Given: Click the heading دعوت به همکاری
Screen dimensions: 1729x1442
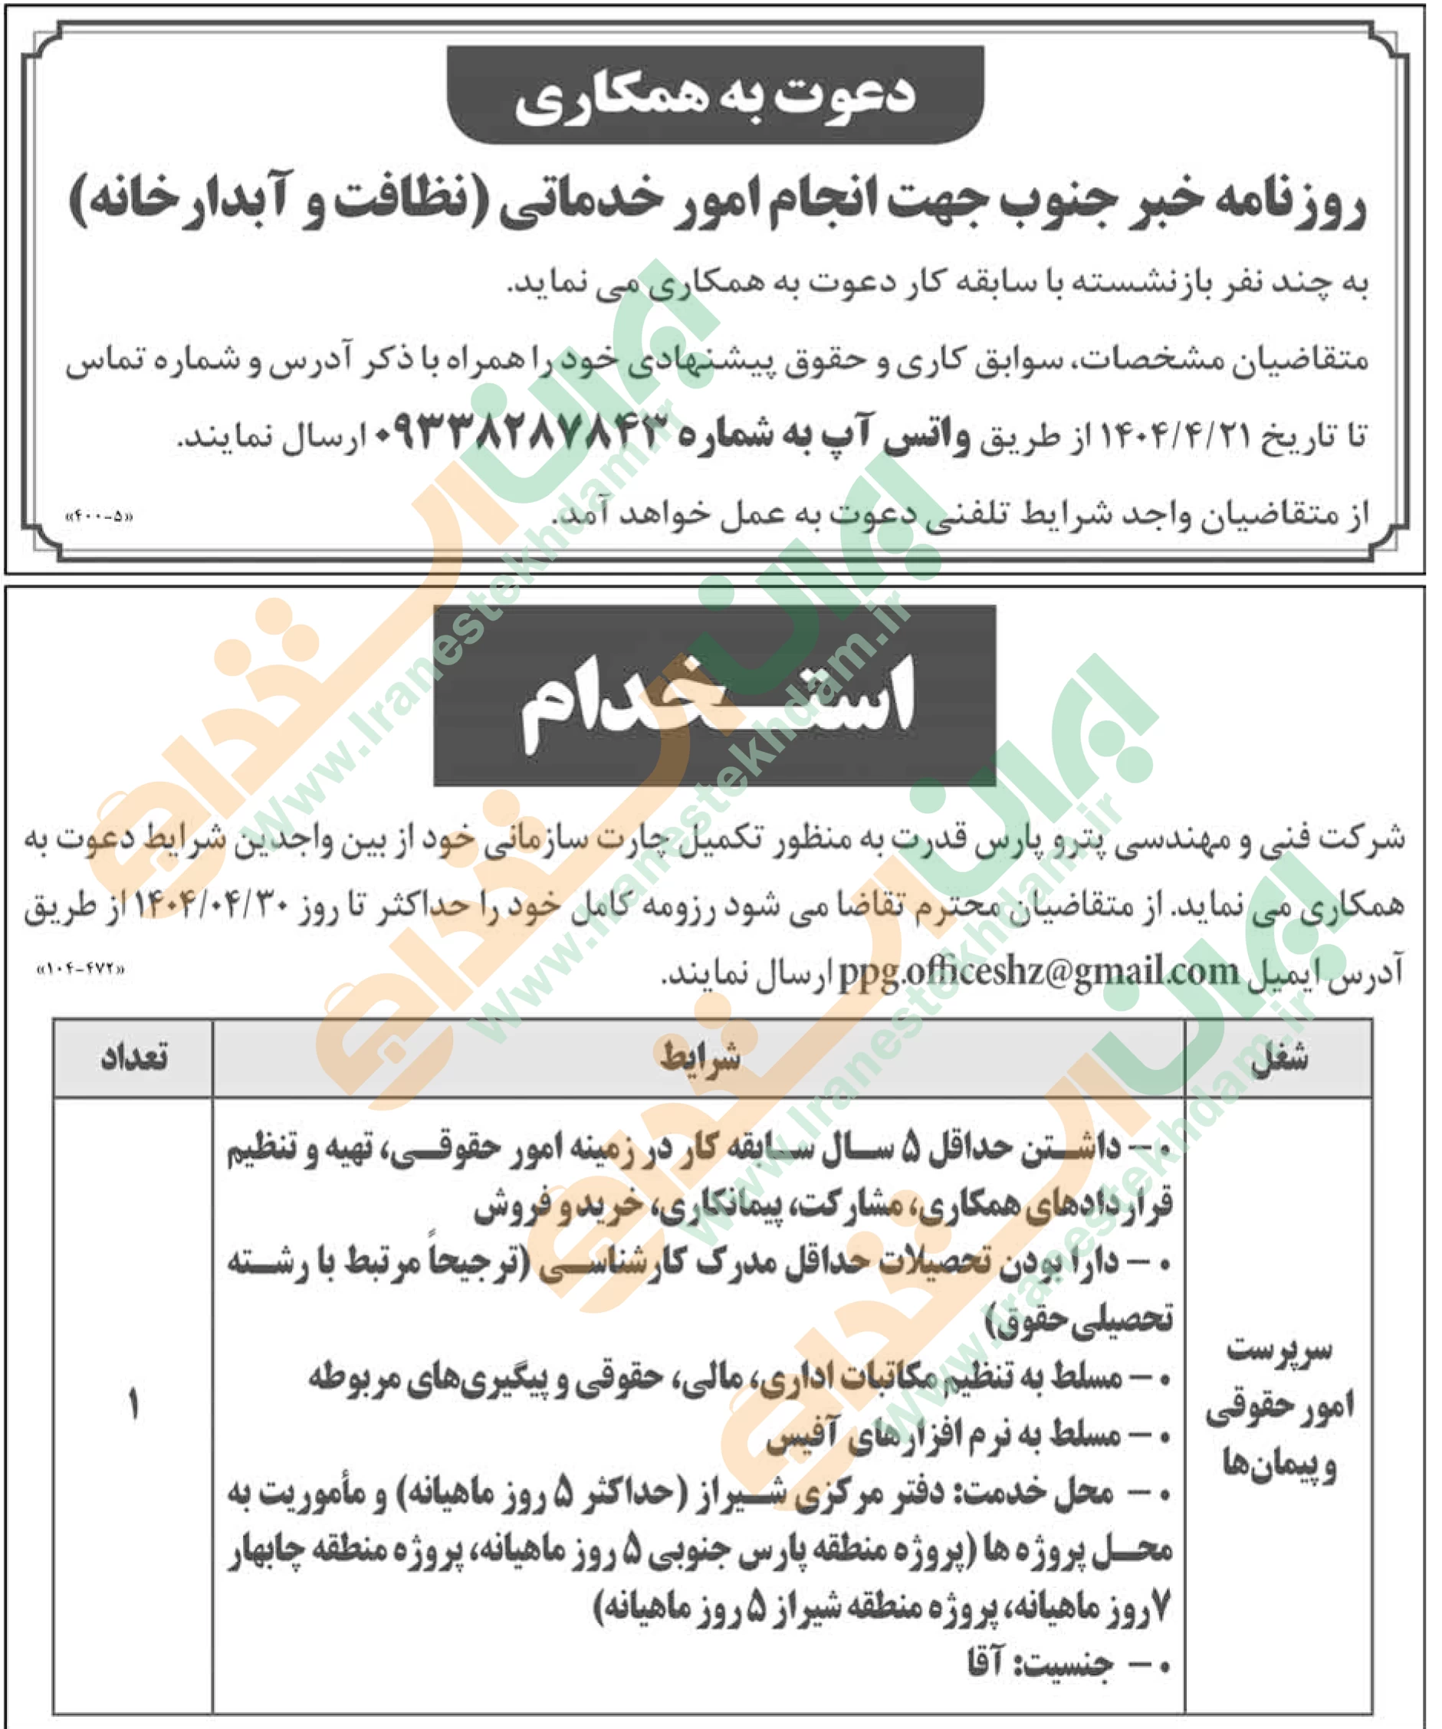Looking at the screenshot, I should coord(714,97).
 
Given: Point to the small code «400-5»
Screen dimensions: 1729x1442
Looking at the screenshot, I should coord(98,518).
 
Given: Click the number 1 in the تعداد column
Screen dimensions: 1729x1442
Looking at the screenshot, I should coord(133,1405).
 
